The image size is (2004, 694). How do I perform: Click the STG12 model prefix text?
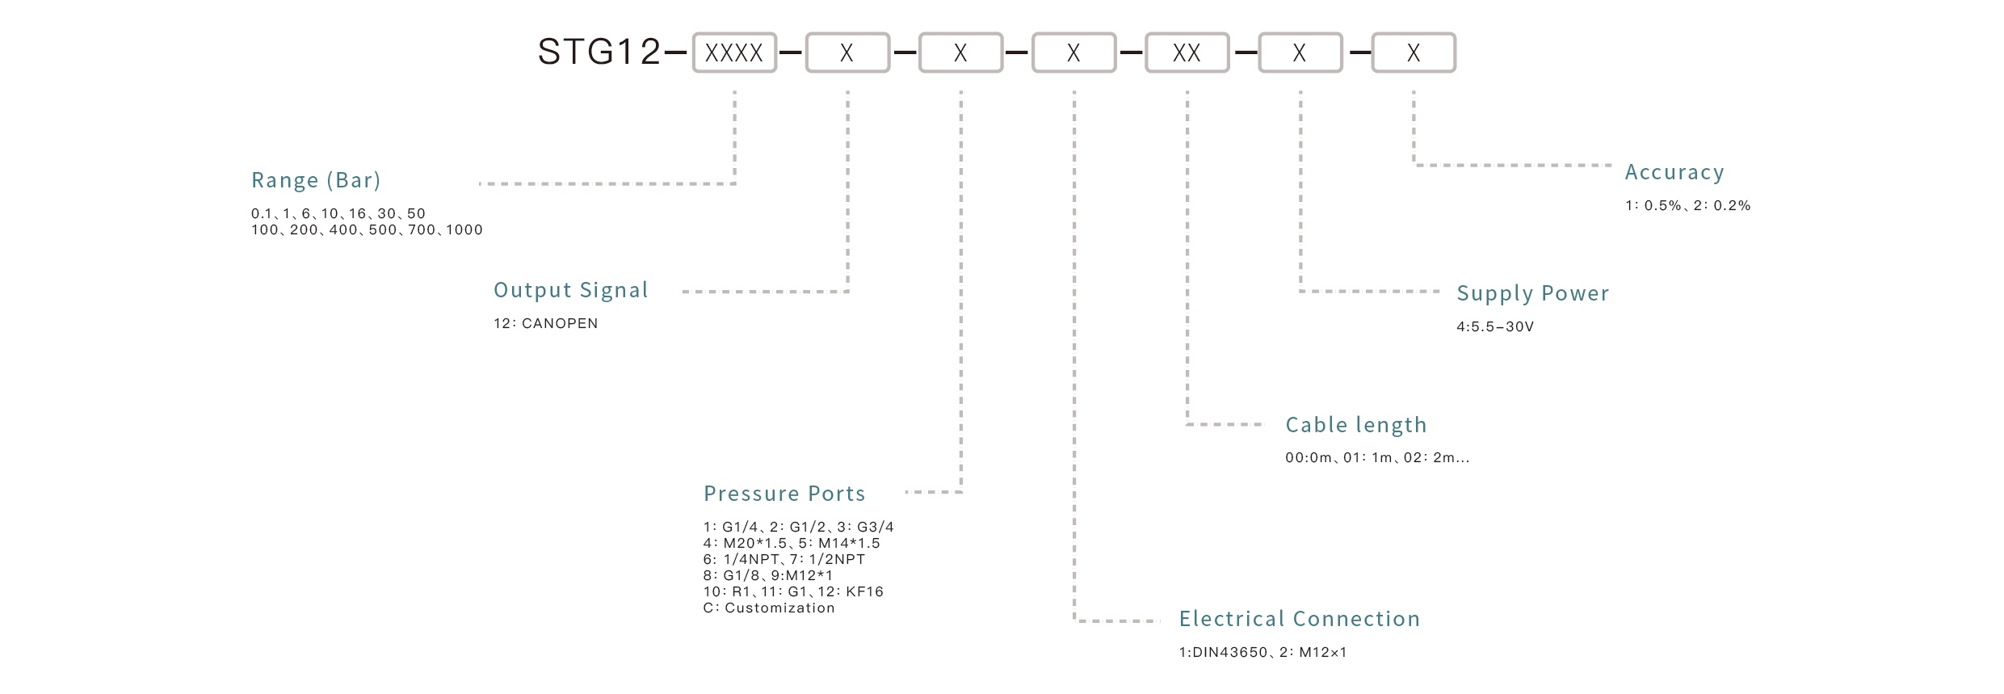tap(599, 53)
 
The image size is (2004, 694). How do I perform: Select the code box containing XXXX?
tap(733, 53)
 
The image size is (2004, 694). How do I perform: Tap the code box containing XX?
tap(1186, 53)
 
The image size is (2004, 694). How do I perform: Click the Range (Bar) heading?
tap(316, 180)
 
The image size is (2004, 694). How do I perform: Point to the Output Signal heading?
tap(570, 290)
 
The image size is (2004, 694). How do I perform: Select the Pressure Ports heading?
tap(784, 494)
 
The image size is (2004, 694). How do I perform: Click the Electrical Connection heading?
tap(1299, 619)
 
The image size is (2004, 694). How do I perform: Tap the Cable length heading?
tap(1355, 425)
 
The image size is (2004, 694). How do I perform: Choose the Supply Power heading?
tap(1532, 293)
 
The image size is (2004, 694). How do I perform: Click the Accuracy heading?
tap(1674, 172)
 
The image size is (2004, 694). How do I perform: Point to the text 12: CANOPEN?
tap(545, 324)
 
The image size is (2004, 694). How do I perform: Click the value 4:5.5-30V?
tap(1494, 327)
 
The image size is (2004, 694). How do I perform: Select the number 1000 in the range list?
tap(464, 230)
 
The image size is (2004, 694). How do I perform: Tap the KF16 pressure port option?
tap(864, 592)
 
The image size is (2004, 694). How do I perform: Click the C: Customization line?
tap(768, 608)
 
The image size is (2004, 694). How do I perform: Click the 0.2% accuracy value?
tap(1731, 206)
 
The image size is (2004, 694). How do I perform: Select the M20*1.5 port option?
tap(754, 544)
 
